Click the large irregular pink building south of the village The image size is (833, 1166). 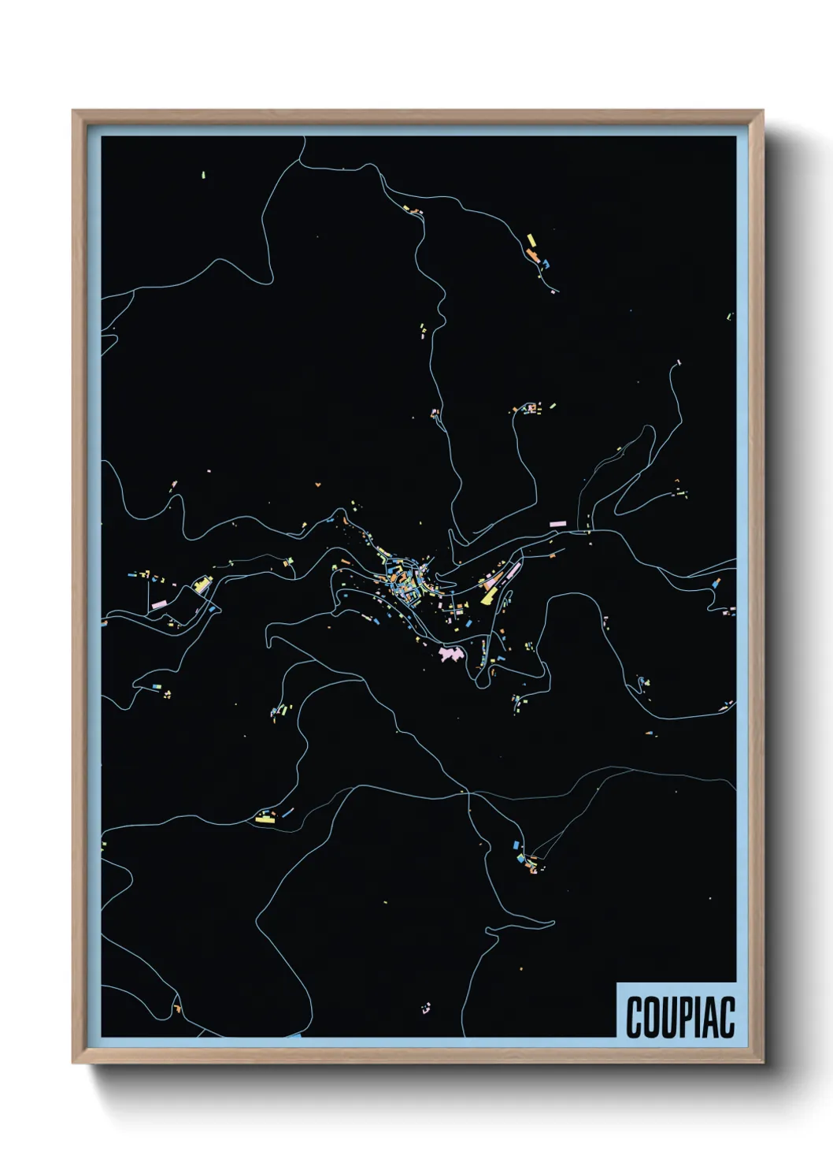tap(450, 654)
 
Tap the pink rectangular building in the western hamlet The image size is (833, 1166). tap(160, 603)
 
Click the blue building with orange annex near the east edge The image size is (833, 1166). tap(715, 584)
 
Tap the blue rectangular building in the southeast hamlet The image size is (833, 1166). tap(517, 845)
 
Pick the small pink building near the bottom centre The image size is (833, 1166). tap(427, 1006)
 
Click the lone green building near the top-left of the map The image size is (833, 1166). tap(203, 174)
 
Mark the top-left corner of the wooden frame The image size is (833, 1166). tap(73, 111)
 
